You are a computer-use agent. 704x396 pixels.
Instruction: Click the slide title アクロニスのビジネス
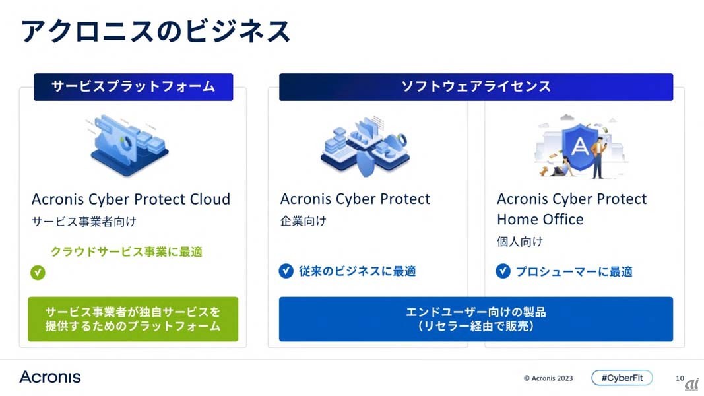point(156,32)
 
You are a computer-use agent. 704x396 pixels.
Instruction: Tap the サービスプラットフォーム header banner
point(133,86)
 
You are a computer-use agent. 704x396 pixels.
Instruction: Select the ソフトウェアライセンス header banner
point(476,86)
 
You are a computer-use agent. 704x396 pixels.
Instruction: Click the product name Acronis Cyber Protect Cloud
point(131,199)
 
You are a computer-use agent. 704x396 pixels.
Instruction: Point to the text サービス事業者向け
point(84,221)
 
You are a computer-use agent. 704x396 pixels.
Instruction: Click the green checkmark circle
point(38,272)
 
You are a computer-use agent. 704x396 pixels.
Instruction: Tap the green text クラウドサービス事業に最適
point(127,251)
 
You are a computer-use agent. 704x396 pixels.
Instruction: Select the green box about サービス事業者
point(133,319)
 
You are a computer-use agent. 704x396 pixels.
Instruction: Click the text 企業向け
point(304,221)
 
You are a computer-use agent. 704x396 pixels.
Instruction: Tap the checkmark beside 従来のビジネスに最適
point(286,271)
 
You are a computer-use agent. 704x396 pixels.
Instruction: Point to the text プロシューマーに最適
point(574,271)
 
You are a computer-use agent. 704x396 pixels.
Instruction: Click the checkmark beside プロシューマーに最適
point(503,271)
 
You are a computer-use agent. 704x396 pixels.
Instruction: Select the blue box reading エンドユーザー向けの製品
point(476,319)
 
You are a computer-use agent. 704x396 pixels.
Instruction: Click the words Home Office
point(540,219)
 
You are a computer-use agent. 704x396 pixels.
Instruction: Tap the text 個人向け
point(520,242)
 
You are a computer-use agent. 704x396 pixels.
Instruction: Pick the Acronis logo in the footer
point(50,377)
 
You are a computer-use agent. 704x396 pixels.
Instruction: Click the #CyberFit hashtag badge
point(622,378)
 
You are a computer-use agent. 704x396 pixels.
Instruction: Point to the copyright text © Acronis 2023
point(548,378)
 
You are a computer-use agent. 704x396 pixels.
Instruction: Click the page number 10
point(680,378)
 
